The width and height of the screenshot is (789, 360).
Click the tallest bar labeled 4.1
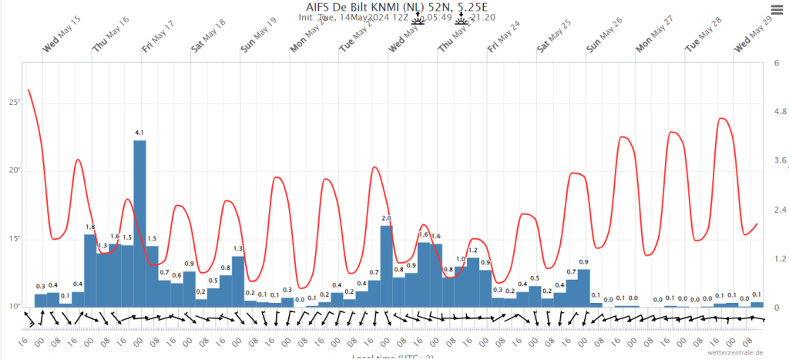coord(139,223)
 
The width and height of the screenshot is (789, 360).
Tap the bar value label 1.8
coord(90,227)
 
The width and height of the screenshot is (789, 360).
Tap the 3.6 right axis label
coord(779,161)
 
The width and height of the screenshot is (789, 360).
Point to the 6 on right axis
coord(776,62)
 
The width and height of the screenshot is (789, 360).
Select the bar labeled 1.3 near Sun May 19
coord(238,281)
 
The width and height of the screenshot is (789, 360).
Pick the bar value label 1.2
coord(473,251)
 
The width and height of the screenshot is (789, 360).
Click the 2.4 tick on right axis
coord(779,210)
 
